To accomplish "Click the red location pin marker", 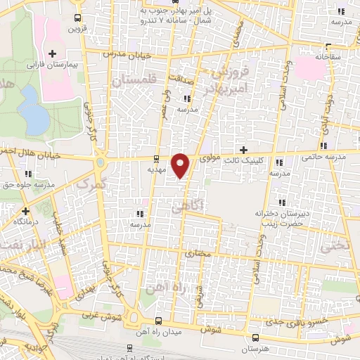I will click(181, 165).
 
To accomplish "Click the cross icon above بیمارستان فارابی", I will click(52, 53).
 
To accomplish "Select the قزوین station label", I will click(75, 30).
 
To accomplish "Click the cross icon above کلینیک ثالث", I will click(244, 150).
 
